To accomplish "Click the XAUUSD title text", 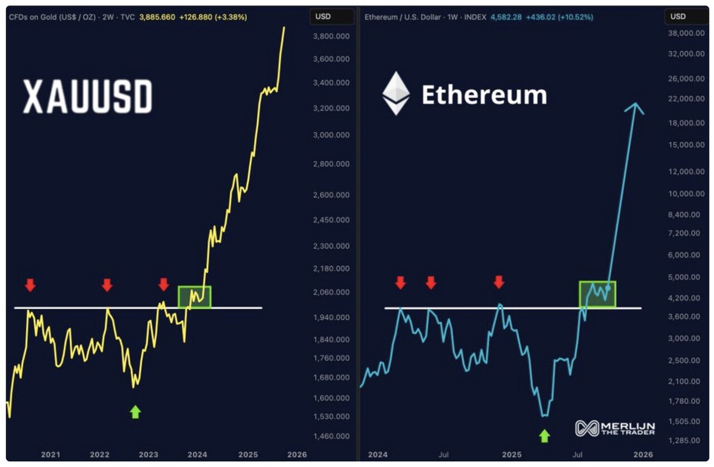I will click(88, 97).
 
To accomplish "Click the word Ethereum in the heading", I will click(484, 95).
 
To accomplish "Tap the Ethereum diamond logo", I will click(395, 93).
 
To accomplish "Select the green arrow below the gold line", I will click(135, 412).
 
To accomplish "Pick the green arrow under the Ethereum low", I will click(544, 435).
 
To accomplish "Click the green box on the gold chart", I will click(194, 297).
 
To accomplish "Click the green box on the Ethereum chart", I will click(597, 294).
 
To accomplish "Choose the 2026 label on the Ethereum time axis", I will click(643, 455).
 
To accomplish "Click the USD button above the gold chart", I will click(323, 17).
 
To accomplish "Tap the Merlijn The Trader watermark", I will click(615, 429).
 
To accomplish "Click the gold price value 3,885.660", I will click(157, 17).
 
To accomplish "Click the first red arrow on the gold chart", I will click(30, 286).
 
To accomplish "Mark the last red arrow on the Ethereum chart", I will click(499, 282).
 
